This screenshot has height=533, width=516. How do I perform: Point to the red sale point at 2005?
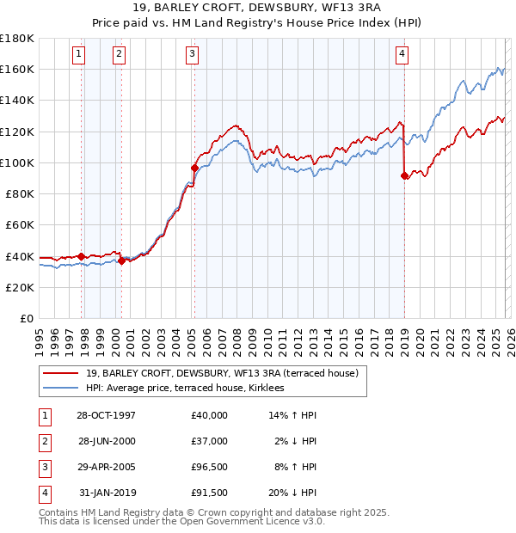click(x=194, y=168)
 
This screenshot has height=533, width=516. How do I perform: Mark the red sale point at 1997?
click(x=82, y=256)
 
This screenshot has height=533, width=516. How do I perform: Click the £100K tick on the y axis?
click(x=17, y=162)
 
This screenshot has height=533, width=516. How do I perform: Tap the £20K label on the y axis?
click(x=21, y=287)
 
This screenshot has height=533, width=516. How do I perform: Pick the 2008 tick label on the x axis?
click(x=236, y=339)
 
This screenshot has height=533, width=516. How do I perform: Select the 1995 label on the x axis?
click(x=40, y=339)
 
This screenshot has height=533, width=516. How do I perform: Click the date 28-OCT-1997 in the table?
click(x=106, y=415)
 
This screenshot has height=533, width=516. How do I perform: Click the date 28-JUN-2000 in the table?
click(x=106, y=441)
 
